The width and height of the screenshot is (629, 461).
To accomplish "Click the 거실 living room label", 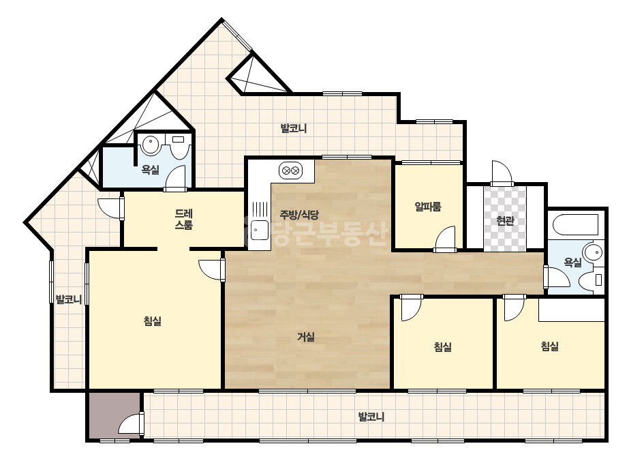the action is pos(306,337).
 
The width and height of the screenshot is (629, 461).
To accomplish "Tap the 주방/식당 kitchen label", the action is pos(299,215).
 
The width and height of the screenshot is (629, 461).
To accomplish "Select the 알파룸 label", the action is pos(427,207).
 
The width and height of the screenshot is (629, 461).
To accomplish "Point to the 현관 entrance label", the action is pos(505,220).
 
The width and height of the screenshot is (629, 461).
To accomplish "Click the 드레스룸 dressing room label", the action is pos(184,219).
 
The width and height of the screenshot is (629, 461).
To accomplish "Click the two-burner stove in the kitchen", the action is pos(291,170).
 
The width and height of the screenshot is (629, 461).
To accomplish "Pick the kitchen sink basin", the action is pos(260,230).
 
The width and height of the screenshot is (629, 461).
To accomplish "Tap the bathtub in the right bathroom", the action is pos(576,226).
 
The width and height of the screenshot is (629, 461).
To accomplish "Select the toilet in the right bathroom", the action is pos(592,280).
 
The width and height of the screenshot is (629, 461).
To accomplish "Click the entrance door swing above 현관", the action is pos(502,173).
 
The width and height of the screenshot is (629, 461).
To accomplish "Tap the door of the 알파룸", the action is pos(445,239).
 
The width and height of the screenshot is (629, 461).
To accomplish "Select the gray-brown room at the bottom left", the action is pos(114,415).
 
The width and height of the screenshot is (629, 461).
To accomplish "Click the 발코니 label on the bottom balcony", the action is pos(371,417).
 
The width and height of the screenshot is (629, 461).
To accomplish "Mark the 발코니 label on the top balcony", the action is pos(293,128).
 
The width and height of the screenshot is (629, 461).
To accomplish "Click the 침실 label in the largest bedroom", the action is pos(153,321).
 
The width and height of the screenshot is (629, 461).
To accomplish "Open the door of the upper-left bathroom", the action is pos(175,177).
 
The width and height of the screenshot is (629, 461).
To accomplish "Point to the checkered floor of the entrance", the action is pos(505,219).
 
